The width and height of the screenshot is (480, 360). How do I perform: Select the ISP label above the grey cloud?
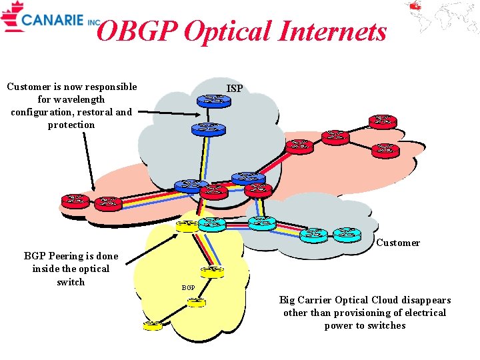pos(235,88)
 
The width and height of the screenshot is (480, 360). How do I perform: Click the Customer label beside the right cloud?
pos(398,243)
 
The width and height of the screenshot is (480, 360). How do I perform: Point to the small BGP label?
pos(189,287)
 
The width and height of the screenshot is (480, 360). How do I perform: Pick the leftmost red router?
pos(75,200)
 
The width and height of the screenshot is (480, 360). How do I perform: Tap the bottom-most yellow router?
pos(153,325)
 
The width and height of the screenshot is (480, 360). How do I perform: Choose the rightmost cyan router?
pos(347,234)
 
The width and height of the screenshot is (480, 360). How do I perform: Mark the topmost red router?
pos(383,121)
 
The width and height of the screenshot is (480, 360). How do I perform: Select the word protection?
pos(71,125)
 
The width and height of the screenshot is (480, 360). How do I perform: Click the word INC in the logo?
pos(95,22)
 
